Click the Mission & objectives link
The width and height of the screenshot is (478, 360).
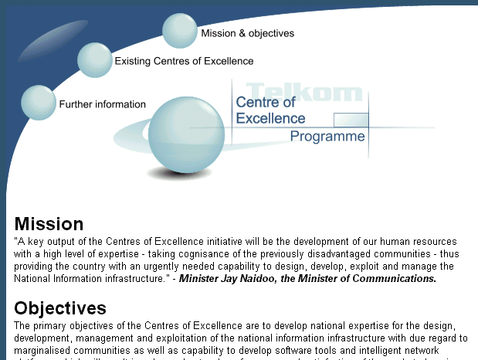pos(247,33)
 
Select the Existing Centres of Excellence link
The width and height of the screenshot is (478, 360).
pos(184,61)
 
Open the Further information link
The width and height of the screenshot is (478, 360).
pos(102,104)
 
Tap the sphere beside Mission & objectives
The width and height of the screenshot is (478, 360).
pos(181,31)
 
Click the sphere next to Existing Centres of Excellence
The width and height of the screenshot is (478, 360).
pos(95,59)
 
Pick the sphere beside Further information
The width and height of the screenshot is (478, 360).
pos(38,102)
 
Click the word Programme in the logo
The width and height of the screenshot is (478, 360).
pos(327,137)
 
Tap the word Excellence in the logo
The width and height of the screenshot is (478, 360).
pos(270,118)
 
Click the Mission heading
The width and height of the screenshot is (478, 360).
pos(49,224)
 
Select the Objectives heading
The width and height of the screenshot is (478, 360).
pos(60,308)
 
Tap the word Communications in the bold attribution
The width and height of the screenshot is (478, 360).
pos(398,279)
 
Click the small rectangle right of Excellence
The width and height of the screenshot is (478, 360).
pos(350,120)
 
